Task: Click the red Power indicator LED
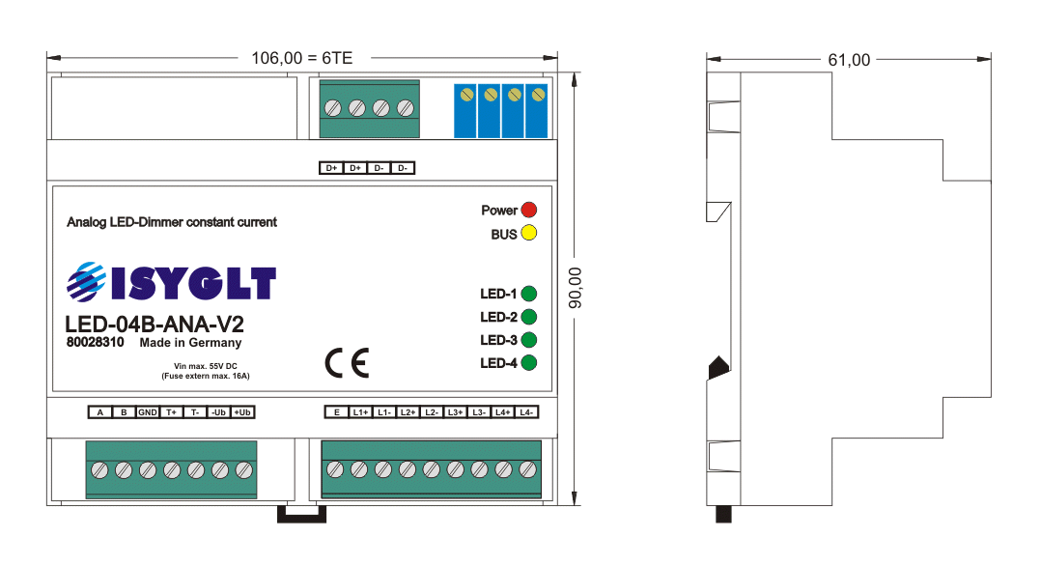click(x=528, y=210)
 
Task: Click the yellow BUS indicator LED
click(x=528, y=234)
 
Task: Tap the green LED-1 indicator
click(x=528, y=293)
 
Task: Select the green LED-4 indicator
click(x=528, y=363)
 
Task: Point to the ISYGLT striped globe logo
click(x=86, y=283)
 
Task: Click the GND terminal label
click(x=147, y=412)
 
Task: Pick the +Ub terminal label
click(x=242, y=412)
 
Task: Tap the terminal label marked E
click(x=336, y=412)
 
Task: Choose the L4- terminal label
click(x=526, y=412)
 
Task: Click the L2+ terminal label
click(x=408, y=412)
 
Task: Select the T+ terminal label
click(x=171, y=412)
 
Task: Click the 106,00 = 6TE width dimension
click(x=302, y=58)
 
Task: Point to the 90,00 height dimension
click(x=576, y=287)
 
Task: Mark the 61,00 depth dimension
click(x=849, y=60)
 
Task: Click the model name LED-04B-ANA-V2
click(x=148, y=325)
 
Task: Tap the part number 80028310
click(x=96, y=343)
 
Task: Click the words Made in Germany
click(x=190, y=343)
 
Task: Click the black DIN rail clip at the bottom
click(x=304, y=514)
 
